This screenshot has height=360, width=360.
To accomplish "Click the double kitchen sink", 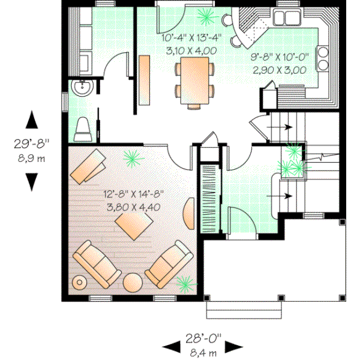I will tap(288, 17).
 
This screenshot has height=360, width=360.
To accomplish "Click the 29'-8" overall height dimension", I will tap(31, 144).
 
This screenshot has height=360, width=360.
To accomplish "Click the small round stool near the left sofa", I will tap(79, 281).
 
